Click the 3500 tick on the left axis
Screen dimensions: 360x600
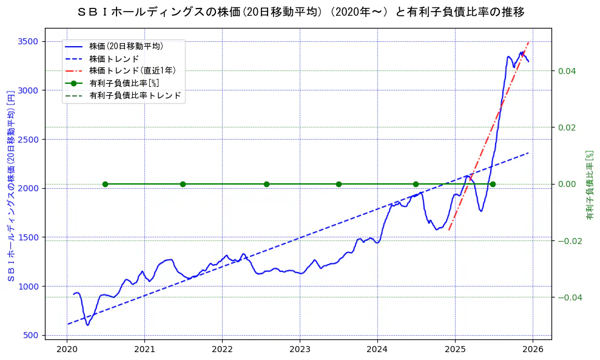[29, 41]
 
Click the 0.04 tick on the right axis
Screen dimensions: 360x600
[567, 71]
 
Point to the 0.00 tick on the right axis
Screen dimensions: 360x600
[567, 184]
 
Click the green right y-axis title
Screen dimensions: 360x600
[589, 185]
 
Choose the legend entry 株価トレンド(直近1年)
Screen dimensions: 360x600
[130, 70]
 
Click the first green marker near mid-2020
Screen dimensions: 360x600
[105, 184]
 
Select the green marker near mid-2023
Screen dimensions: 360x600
[339, 184]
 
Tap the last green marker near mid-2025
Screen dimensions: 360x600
[493, 184]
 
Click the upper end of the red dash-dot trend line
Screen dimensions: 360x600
[528, 42]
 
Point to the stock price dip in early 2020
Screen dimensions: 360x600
[87, 325]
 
